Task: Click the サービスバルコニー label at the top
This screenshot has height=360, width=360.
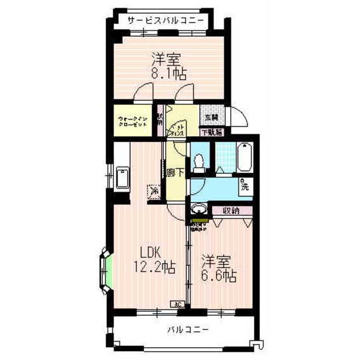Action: click(x=166, y=21)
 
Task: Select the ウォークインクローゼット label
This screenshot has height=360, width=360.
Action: click(x=133, y=122)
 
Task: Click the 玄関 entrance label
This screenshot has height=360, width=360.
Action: click(x=212, y=118)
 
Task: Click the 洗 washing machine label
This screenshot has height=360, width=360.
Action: click(x=245, y=188)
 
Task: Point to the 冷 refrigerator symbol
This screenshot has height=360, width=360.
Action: click(x=154, y=191)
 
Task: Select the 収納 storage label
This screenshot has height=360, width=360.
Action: click(x=231, y=210)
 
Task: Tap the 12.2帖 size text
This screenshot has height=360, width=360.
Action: click(x=154, y=266)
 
